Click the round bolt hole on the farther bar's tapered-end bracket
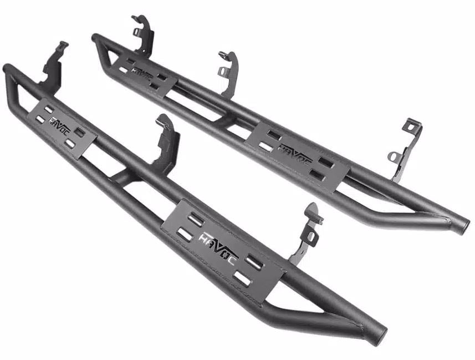point(393,158)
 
